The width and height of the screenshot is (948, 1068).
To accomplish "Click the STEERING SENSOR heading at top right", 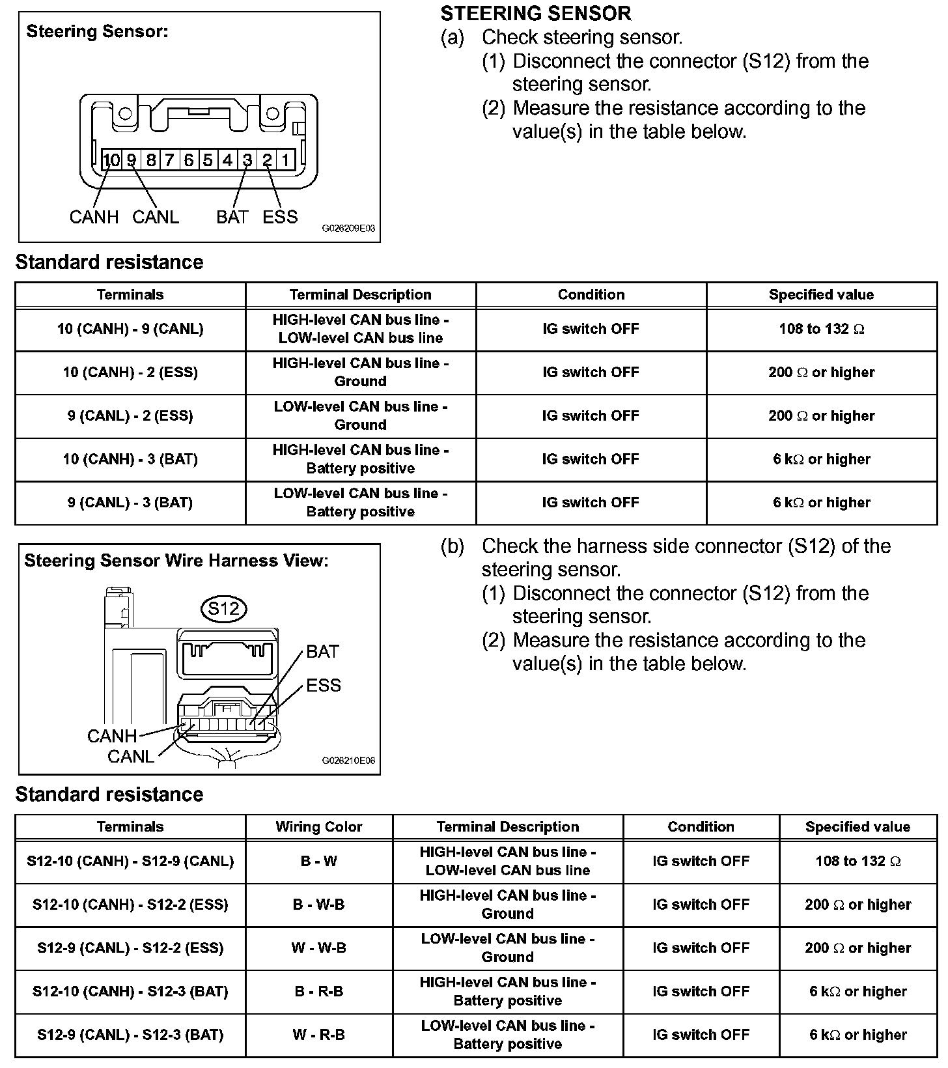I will [536, 14].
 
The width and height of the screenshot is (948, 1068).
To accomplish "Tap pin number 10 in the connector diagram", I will [111, 160].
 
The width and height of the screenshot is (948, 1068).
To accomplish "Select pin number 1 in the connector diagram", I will [285, 160].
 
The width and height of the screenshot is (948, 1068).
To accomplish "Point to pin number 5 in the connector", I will [208, 160].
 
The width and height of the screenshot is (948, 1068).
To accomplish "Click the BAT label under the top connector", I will [232, 217].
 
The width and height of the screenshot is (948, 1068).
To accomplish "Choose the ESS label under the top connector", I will [280, 217].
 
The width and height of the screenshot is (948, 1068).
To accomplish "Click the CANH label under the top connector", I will [94, 217].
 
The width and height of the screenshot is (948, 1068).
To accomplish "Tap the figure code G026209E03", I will [348, 229].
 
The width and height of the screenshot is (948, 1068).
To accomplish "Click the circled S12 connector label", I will [224, 608].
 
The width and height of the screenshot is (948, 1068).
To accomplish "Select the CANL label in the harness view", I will [130, 757].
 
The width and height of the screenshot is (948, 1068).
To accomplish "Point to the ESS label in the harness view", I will [324, 685].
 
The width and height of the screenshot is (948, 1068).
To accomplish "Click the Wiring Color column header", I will [319, 827].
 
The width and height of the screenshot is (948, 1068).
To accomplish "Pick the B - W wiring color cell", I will [319, 862].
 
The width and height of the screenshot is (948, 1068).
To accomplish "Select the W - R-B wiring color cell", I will [319, 1035].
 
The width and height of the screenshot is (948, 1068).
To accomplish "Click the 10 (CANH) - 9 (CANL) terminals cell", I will [130, 330].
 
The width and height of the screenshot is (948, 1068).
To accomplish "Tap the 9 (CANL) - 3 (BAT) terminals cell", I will [130, 503].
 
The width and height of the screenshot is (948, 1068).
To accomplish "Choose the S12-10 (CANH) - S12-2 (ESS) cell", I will [130, 905].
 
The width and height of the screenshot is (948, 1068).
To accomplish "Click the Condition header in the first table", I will [591, 295].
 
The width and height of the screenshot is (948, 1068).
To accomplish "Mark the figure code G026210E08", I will [348, 761].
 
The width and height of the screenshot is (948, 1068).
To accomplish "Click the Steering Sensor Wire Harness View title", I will [176, 561].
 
